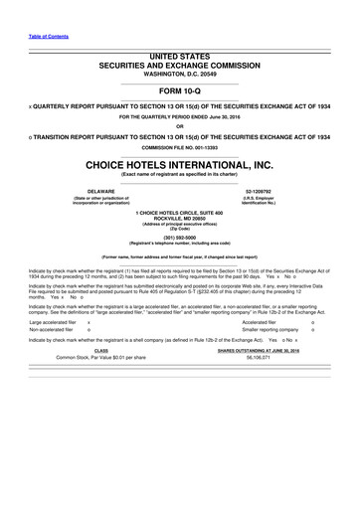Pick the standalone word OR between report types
180,125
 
